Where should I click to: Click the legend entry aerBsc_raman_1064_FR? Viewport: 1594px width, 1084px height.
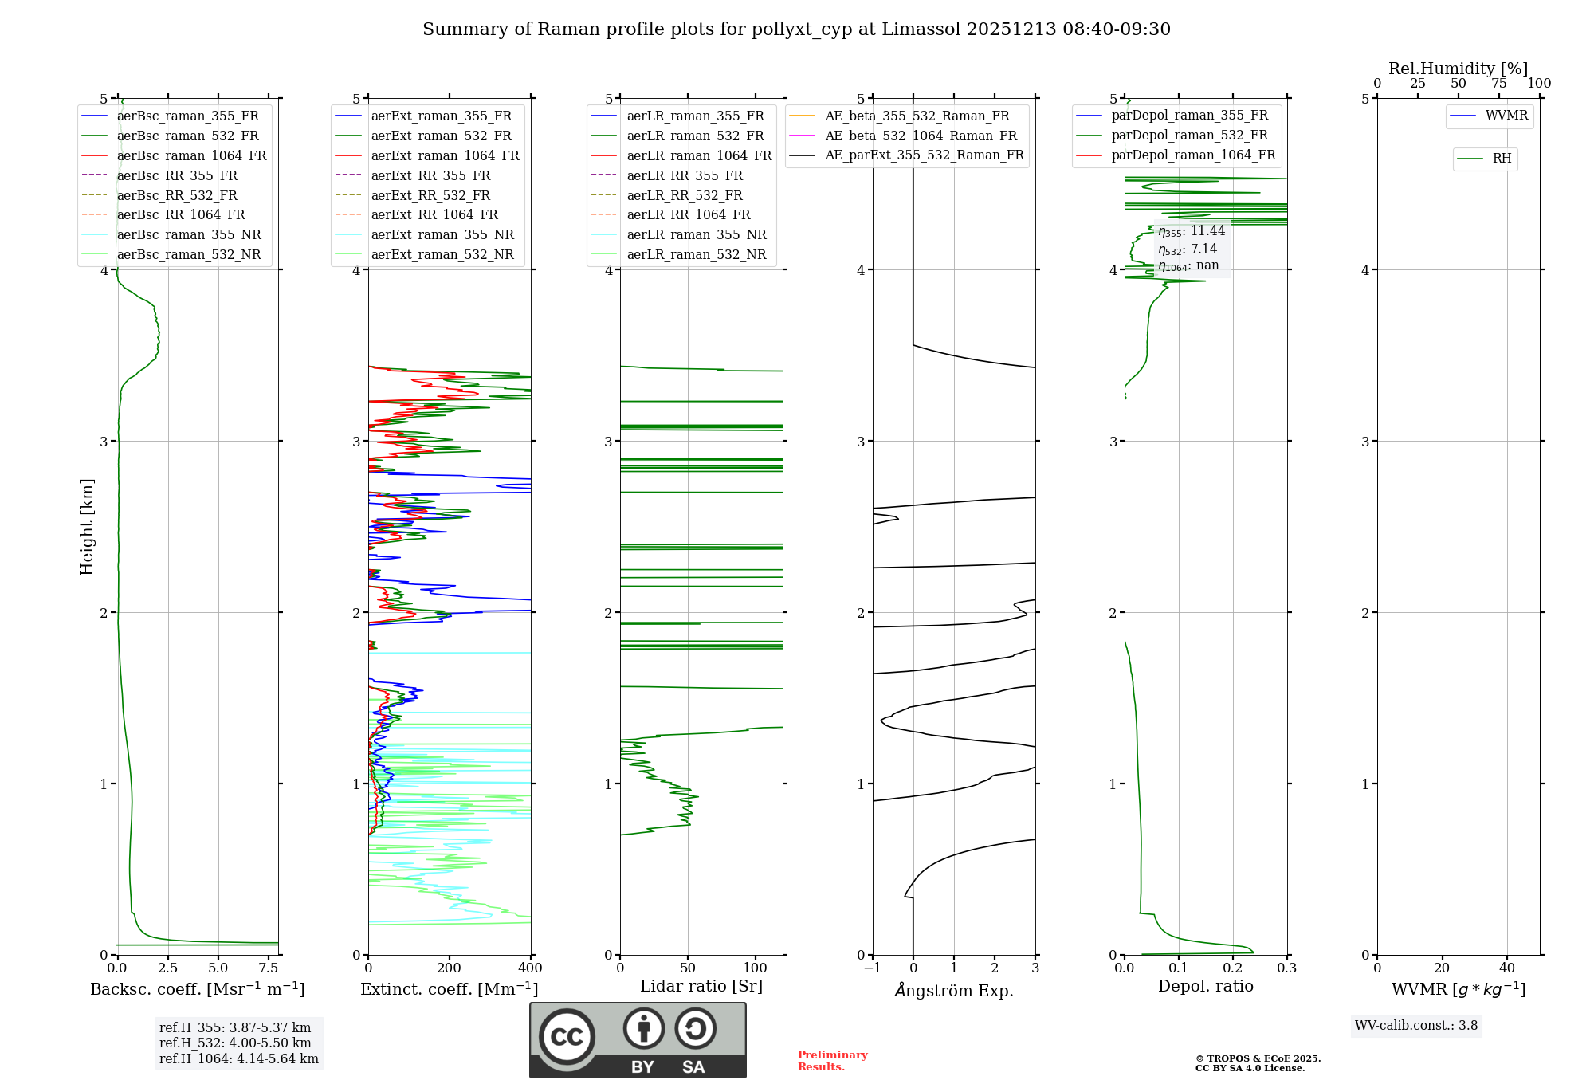[191, 155]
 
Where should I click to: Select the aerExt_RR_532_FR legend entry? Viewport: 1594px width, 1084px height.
[430, 195]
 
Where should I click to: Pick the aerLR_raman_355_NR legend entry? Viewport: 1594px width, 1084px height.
[696, 235]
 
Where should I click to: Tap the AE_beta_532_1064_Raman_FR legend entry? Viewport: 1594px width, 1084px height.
[921, 135]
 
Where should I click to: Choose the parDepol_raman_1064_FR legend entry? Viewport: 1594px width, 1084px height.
[1193, 155]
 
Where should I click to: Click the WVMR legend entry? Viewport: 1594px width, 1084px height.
[1506, 116]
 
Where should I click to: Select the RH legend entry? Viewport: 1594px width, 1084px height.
[1502, 159]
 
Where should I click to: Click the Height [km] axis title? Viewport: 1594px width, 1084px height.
[87, 527]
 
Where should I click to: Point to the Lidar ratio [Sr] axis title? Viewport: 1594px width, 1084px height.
[701, 986]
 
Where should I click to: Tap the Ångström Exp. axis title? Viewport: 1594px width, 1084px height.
[954, 990]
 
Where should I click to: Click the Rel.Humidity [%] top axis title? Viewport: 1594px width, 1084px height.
[1458, 69]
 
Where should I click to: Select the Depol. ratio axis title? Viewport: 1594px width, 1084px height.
[1205, 986]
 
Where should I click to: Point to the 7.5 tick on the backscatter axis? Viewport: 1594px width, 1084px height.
[269, 968]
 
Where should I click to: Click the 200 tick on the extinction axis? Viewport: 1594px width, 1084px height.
[450, 968]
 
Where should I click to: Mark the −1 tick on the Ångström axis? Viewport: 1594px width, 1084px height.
[872, 968]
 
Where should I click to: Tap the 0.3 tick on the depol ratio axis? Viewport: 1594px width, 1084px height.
[1286, 968]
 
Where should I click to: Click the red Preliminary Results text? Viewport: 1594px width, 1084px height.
[832, 1061]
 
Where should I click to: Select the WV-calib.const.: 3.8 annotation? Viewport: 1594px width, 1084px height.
[1415, 1026]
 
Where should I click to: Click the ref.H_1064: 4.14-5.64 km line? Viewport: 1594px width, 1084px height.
[238, 1059]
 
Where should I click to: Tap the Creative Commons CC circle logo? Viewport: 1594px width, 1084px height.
[567, 1036]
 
